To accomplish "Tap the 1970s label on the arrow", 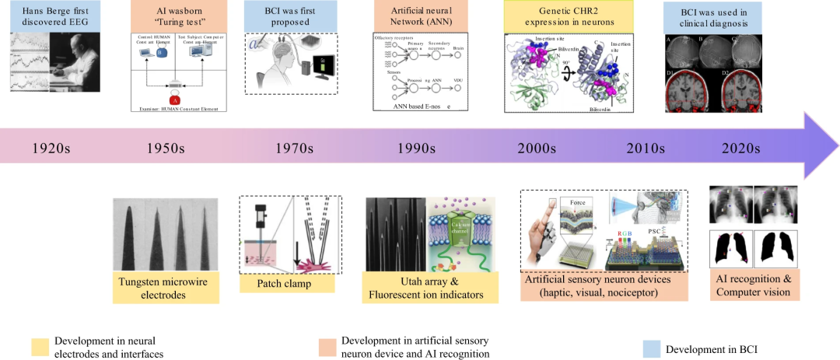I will pos(292,149).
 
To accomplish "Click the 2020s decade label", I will pos(744,149).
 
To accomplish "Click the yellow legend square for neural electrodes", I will pos(39,345).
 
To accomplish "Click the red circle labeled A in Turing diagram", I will pos(175,99).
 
